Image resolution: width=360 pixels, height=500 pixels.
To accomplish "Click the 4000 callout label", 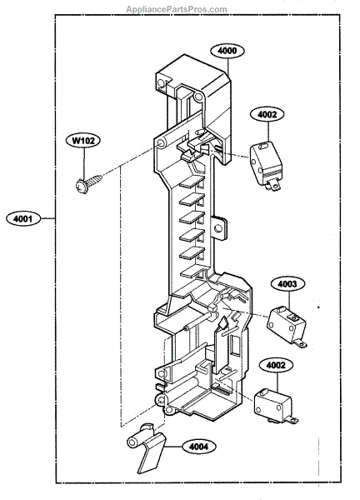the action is click(x=227, y=51).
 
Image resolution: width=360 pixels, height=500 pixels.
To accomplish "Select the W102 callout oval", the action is click(x=83, y=140).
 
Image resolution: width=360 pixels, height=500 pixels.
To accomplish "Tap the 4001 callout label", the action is click(x=23, y=218).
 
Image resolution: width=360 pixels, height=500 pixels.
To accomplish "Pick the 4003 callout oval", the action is click(x=287, y=284).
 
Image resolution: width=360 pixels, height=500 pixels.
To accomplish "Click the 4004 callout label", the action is click(x=199, y=447).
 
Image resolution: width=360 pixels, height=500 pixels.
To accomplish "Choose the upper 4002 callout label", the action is click(x=267, y=114).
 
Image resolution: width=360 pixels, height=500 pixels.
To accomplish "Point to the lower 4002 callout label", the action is click(x=276, y=365).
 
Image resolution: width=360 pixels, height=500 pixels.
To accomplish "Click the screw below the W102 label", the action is click(x=88, y=183).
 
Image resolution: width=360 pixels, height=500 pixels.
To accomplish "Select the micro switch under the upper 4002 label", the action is click(x=265, y=166).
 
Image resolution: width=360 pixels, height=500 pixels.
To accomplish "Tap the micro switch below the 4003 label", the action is click(x=287, y=326).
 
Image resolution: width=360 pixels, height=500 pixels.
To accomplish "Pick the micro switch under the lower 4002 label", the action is click(x=276, y=406).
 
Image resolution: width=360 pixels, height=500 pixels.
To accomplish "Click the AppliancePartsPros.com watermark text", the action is click(x=177, y=9).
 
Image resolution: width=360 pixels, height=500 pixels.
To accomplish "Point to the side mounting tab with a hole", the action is click(x=218, y=228).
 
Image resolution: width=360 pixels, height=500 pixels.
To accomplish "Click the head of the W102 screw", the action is click(x=82, y=187).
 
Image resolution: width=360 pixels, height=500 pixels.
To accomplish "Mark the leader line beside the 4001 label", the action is click(x=47, y=218).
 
